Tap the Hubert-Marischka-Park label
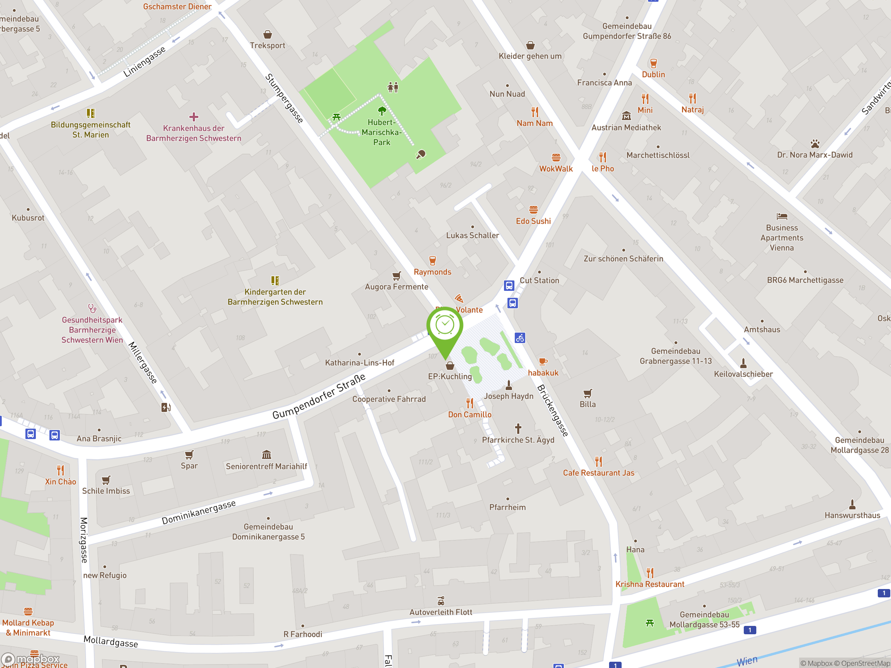(381, 132)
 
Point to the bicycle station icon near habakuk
(520, 338)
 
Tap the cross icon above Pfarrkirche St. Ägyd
(518, 428)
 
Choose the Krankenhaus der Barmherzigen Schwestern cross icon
(194, 117)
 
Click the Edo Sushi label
(533, 221)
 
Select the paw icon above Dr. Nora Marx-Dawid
(815, 144)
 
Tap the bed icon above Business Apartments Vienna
(781, 216)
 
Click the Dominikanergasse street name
(199, 512)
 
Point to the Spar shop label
(189, 466)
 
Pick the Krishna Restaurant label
(649, 584)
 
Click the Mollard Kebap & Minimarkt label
(28, 628)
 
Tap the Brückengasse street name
(553, 410)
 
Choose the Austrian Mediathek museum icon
(626, 116)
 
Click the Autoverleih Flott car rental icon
(441, 601)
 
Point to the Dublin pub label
(653, 74)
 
